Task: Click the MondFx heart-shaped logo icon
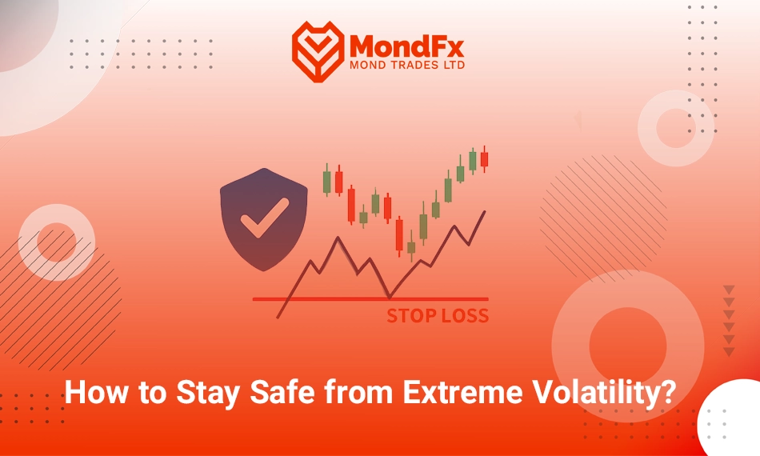318,51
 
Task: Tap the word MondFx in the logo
406,46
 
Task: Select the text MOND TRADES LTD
406,65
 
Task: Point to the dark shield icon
264,219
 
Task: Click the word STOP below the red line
411,316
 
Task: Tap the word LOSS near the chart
464,316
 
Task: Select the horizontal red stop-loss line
370,299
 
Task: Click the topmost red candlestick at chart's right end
484,159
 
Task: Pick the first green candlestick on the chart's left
326,180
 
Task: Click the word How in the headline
96,392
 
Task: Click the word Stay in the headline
207,393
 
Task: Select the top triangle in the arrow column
729,290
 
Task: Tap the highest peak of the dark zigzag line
338,237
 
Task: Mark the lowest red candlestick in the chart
399,235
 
